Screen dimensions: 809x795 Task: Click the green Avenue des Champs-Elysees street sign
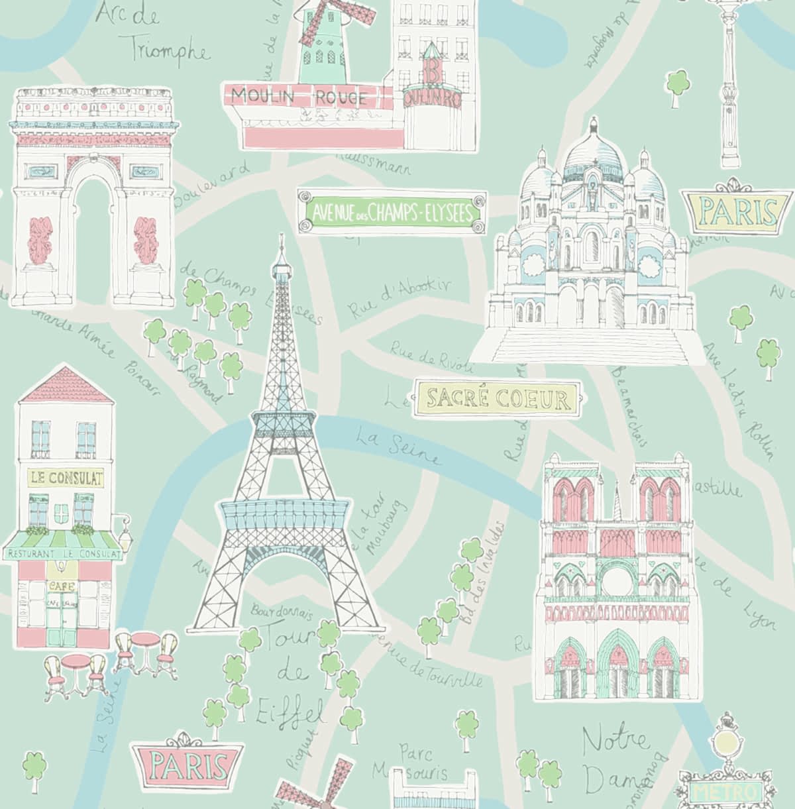392,213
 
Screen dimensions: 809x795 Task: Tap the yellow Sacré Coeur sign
498,399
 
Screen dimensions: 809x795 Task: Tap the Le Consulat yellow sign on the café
66,477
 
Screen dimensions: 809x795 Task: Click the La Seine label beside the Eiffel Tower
398,447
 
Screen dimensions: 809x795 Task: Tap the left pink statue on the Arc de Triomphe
36,239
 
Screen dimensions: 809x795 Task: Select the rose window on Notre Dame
617,580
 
